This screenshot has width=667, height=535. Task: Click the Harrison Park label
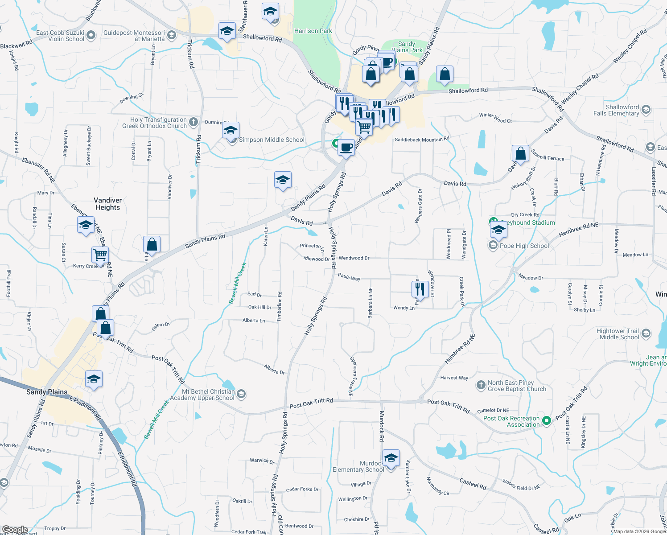click(313, 31)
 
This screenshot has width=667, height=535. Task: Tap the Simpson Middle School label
click(272, 140)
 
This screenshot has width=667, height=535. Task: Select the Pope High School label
click(524, 246)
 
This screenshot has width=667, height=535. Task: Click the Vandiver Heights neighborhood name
click(107, 204)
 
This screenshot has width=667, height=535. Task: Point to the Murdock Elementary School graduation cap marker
click(391, 458)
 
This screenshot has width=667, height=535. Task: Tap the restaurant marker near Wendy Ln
click(420, 289)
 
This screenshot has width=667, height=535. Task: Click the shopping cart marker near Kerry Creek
click(100, 255)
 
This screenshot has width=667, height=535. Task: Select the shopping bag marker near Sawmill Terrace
click(520, 154)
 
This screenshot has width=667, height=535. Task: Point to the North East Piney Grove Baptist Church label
click(517, 386)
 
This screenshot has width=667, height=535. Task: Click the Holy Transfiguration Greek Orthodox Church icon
click(193, 121)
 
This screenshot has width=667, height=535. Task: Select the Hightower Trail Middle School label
click(619, 334)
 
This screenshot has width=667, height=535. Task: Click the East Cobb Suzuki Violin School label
click(60, 36)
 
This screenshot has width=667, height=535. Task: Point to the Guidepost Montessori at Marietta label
click(134, 36)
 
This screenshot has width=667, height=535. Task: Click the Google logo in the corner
click(15, 530)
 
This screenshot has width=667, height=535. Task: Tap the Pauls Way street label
click(349, 277)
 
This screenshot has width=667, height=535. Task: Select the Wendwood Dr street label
click(354, 258)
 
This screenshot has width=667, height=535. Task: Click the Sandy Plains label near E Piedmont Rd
click(47, 392)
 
